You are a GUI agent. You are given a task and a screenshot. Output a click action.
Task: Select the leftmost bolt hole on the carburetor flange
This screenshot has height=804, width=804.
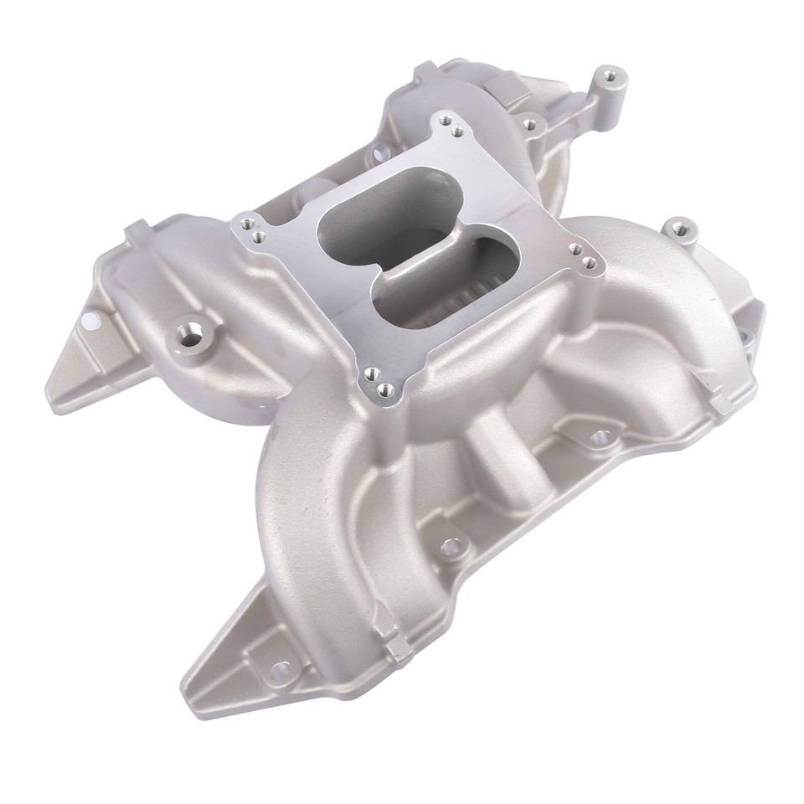click(x=244, y=224)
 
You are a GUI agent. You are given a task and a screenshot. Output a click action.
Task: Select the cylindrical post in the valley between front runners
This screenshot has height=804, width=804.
click(x=487, y=441)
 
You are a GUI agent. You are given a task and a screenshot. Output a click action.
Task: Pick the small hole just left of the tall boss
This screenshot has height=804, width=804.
click(x=528, y=125)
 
